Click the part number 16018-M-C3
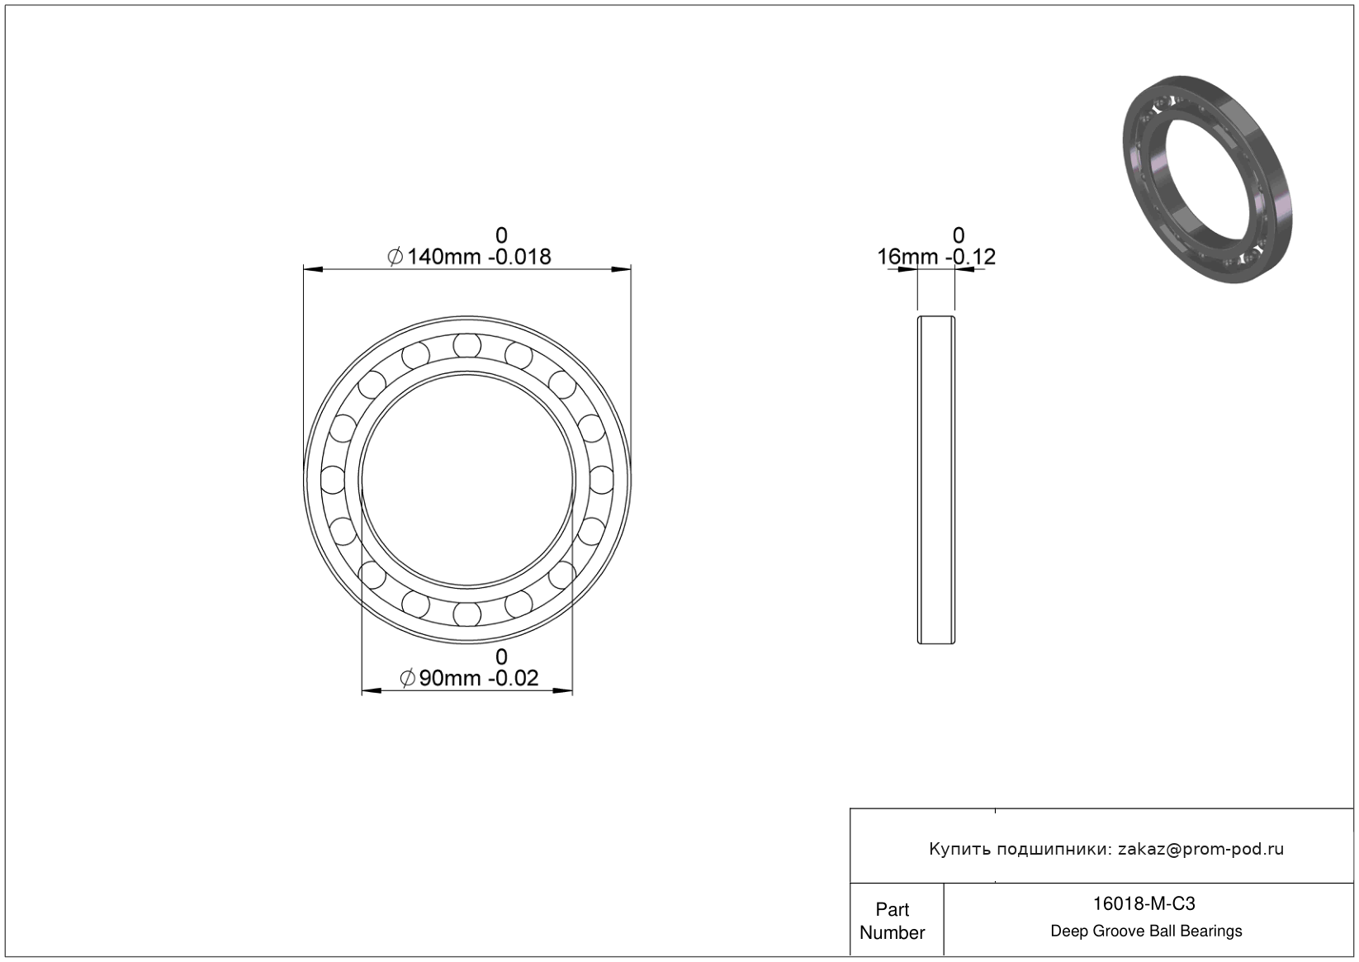[x=1144, y=903]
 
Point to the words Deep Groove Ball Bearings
[x=1146, y=931]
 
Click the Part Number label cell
[x=892, y=921]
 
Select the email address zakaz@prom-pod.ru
[x=1200, y=849]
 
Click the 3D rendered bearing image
[x=1207, y=179]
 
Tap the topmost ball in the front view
[x=467, y=344]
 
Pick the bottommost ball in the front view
[x=467, y=614]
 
